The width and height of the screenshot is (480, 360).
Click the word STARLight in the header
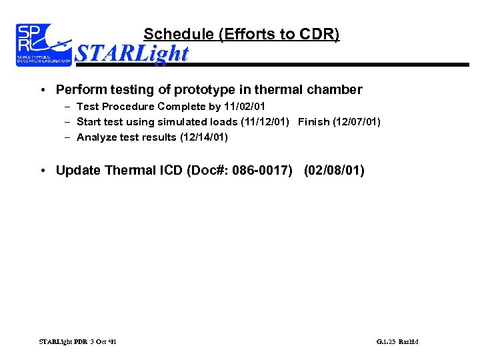[132, 53]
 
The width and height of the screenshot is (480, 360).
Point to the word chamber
[333, 89]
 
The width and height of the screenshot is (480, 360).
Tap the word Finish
[313, 122]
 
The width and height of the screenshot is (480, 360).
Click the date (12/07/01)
[357, 122]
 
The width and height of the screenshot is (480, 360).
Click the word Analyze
[97, 137]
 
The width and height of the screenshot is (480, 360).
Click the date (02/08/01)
[334, 170]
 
